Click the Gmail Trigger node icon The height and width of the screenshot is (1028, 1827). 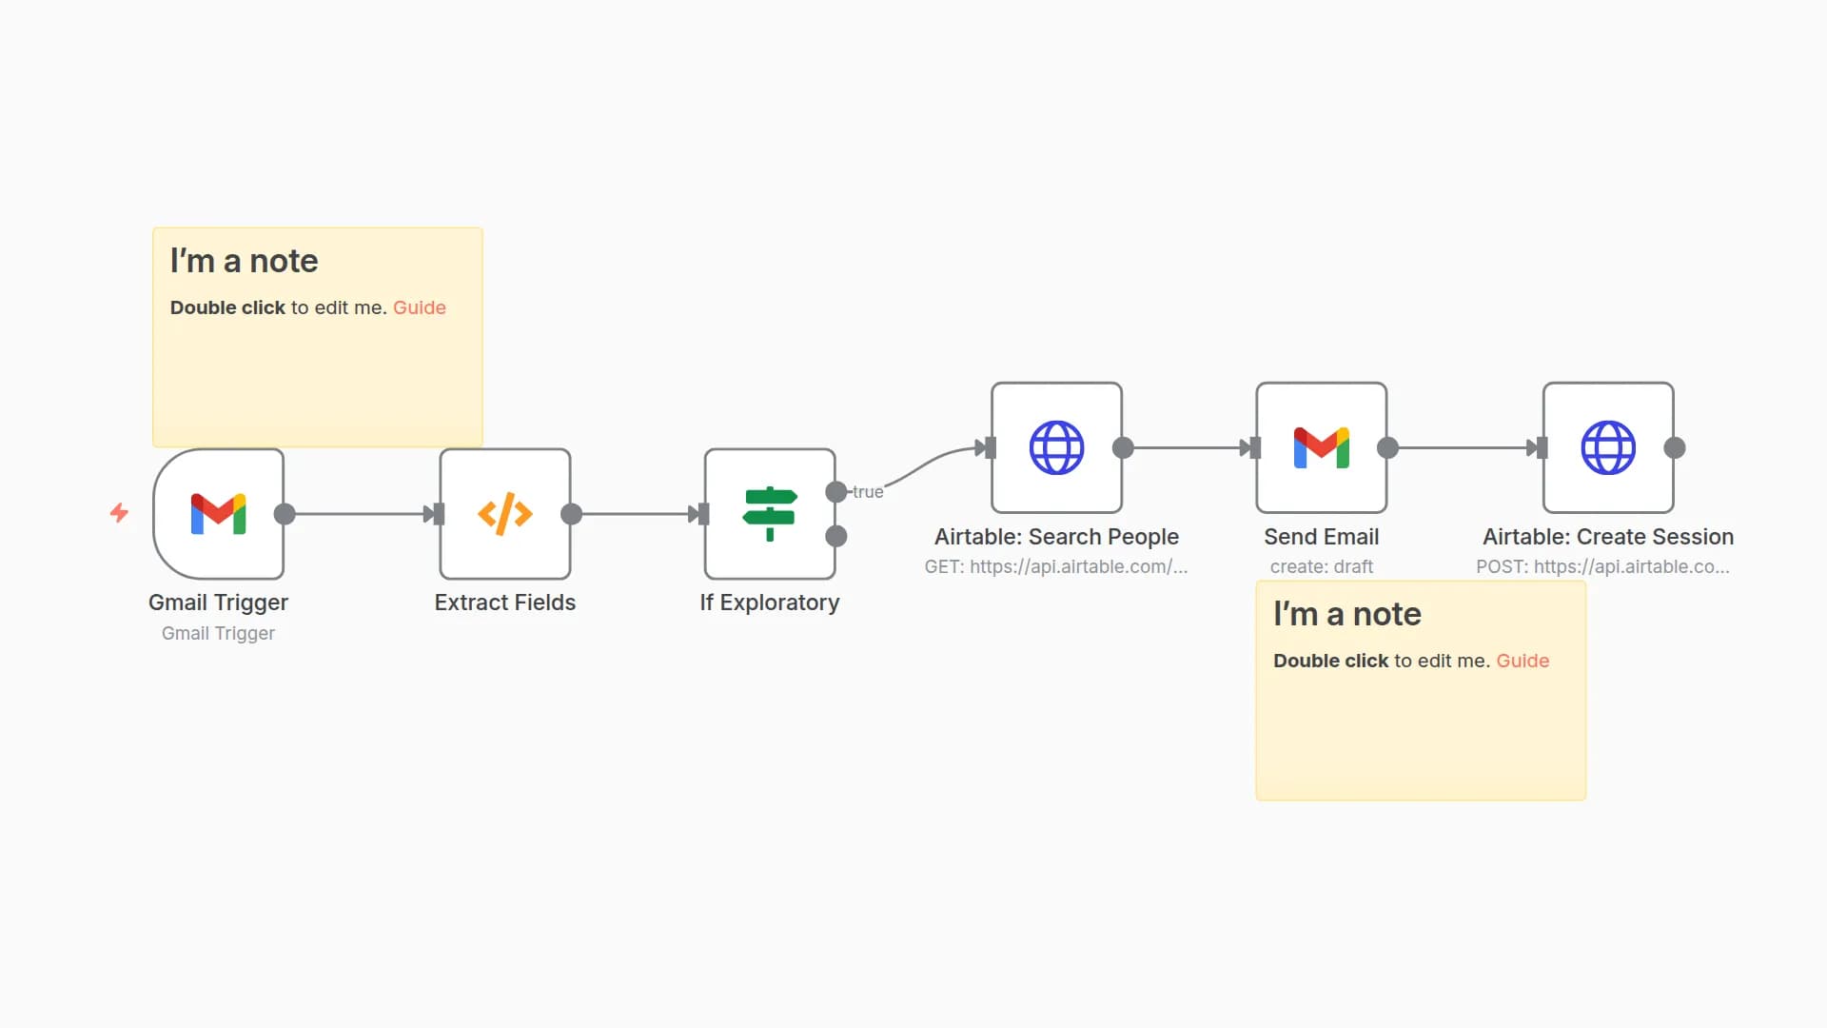point(218,514)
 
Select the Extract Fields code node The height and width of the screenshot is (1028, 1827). point(504,514)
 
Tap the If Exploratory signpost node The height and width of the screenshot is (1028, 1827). point(769,514)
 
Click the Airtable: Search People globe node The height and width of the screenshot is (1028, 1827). point(1056,447)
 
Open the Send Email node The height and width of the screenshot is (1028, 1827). point(1321,447)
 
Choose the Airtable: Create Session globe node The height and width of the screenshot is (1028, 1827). point(1608,447)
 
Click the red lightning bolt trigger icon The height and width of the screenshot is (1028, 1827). point(119,513)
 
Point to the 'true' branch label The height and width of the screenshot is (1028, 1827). point(868,492)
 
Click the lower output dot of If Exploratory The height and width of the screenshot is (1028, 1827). point(836,537)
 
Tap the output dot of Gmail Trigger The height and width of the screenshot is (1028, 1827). point(285,514)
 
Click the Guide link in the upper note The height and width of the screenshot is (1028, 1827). point(419,307)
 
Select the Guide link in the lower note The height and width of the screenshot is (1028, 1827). point(1522,661)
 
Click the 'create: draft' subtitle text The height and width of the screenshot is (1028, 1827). point(1321,566)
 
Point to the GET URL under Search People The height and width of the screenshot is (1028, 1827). point(1055,566)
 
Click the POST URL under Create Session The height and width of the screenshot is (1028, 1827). point(1602,566)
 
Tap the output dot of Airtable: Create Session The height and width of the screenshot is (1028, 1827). point(1675,447)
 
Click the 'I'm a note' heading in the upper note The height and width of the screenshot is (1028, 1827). point(244,261)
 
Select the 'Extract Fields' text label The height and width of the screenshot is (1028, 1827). point(504,603)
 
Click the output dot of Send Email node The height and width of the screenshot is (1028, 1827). point(1388,447)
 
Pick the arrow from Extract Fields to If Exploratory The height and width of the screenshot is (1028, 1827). point(638,514)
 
